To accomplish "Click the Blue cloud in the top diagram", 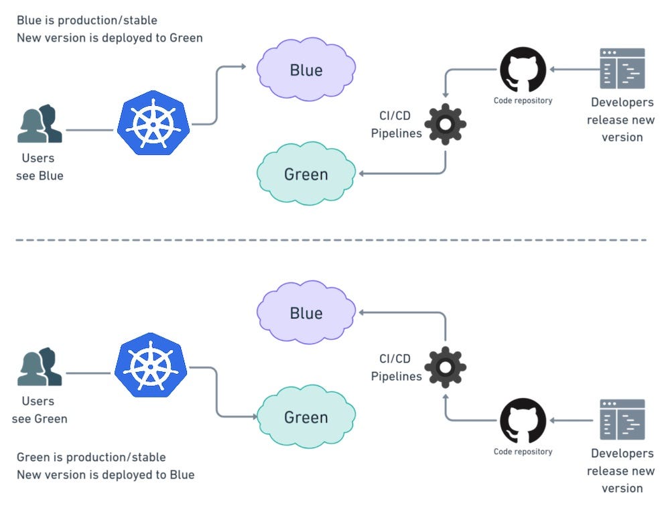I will click(x=306, y=70).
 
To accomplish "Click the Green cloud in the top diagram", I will click(x=306, y=174).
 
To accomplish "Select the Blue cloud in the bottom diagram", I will click(x=306, y=313).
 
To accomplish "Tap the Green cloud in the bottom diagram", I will click(x=306, y=417).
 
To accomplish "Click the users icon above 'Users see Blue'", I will click(x=40, y=125).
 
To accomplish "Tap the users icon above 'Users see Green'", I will click(x=40, y=367).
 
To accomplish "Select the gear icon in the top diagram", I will click(x=446, y=124).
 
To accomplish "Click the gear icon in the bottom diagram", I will click(x=446, y=367).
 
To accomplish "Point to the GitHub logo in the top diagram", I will click(x=523, y=69).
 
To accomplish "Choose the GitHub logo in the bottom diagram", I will click(x=523, y=420).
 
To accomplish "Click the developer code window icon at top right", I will click(x=622, y=68).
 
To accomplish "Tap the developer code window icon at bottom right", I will click(x=622, y=420).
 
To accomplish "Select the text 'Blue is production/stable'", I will click(x=87, y=21).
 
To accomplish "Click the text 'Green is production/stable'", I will click(x=91, y=457).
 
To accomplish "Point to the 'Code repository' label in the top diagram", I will click(x=523, y=101).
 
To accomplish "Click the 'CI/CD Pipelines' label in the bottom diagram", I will click(x=396, y=367).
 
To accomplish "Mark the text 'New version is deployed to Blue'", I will click(x=106, y=474).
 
